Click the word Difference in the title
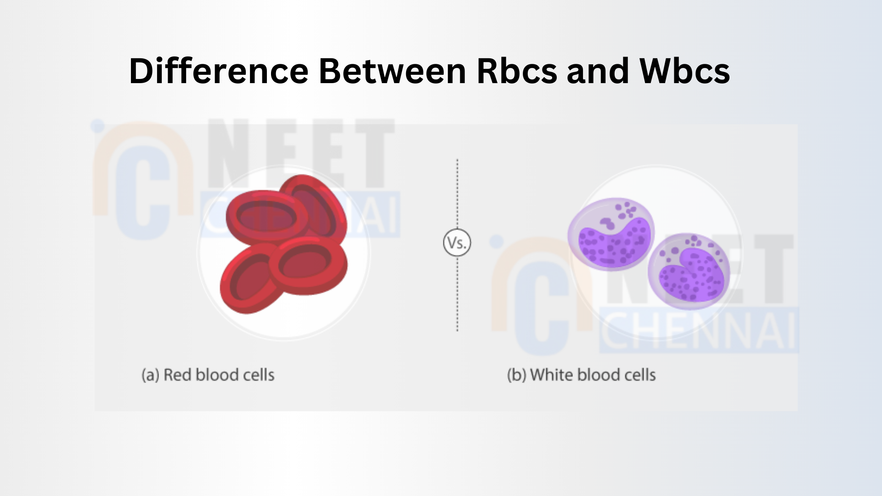click(219, 71)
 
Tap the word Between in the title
click(393, 71)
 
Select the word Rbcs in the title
click(517, 71)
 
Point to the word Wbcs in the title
click(684, 71)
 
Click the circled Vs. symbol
click(457, 242)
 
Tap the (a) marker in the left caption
click(151, 375)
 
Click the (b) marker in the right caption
click(517, 375)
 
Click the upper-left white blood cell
click(611, 234)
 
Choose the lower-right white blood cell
click(689, 271)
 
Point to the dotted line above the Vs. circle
click(457, 194)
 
